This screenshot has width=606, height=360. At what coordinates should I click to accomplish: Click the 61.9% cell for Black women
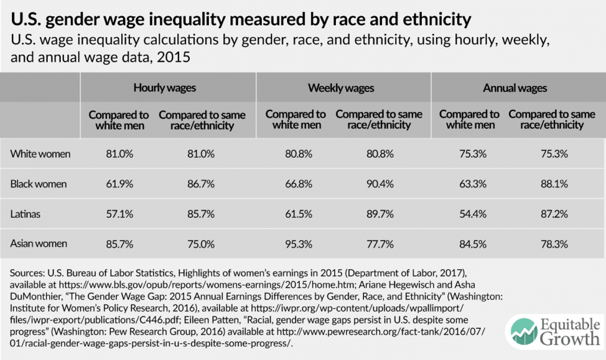pyautogui.click(x=119, y=184)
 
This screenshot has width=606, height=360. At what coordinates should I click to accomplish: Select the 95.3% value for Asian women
pyautogui.click(x=296, y=244)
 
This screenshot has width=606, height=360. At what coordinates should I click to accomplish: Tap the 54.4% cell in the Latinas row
pyautogui.click(x=469, y=214)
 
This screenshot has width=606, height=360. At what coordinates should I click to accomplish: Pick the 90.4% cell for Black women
pyautogui.click(x=379, y=184)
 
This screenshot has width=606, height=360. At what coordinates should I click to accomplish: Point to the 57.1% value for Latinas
pyautogui.click(x=119, y=214)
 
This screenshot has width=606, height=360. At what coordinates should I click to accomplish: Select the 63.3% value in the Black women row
pyautogui.click(x=469, y=184)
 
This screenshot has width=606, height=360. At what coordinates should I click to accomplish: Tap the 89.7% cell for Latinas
pyautogui.click(x=379, y=214)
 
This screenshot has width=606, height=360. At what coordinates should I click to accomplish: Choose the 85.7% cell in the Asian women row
pyautogui.click(x=119, y=244)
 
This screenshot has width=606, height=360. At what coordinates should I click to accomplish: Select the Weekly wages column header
pyautogui.click(x=341, y=88)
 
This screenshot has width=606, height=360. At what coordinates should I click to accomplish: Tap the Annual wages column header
pyautogui.click(x=515, y=88)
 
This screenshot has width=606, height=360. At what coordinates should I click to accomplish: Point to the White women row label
pyautogui.click(x=40, y=154)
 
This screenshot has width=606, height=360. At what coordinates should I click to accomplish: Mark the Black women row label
pyautogui.click(x=39, y=184)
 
